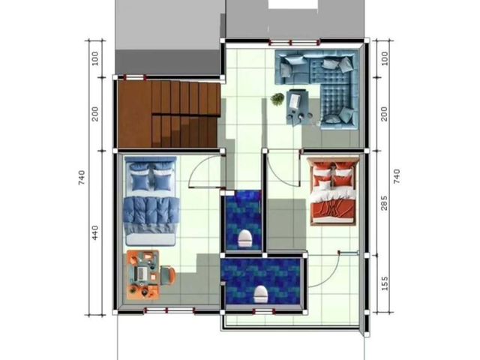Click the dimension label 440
(95, 232)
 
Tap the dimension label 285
(384, 203)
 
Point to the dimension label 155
(385, 283)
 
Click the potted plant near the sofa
(277, 99)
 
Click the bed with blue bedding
(151, 201)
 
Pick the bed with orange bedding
(333, 191)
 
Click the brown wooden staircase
(169, 114)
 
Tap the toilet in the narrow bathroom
(245, 238)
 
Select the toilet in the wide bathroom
(261, 294)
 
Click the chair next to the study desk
(168, 274)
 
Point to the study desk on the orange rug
(142, 274)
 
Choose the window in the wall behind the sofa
(294, 42)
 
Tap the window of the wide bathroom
(263, 312)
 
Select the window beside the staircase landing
(133, 77)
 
